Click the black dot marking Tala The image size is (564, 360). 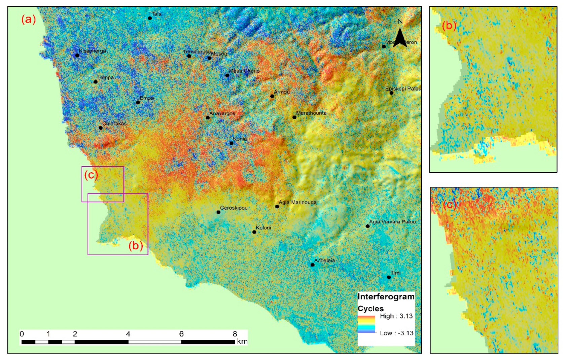(150, 18)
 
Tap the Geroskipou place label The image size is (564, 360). (234, 208)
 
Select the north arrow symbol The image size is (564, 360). (400, 37)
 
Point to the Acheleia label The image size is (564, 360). (324, 260)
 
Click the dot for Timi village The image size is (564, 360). (389, 277)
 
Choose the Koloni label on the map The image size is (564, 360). (263, 228)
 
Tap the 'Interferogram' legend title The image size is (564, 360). (386, 297)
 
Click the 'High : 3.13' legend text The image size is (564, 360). (396, 316)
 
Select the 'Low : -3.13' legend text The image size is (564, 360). (396, 333)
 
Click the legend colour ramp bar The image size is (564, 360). (366, 324)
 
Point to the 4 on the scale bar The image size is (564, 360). (128, 334)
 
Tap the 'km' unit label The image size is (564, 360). (242, 341)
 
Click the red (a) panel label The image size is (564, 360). (29, 20)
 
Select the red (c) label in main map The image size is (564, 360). (91, 175)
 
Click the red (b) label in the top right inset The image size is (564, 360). (449, 26)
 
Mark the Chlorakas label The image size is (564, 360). (114, 123)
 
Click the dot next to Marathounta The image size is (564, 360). (294, 117)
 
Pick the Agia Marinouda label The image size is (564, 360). (297, 202)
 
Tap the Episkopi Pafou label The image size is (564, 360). (403, 89)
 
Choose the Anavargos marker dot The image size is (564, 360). (208, 118)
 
